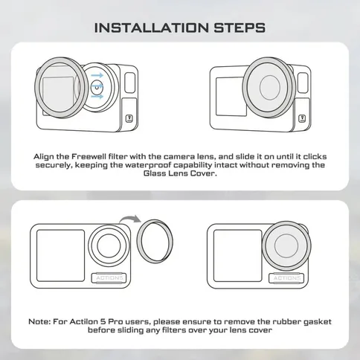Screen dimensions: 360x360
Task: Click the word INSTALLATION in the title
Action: pyautogui.click(x=152, y=28)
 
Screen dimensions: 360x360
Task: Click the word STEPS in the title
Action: pyautogui.click(x=240, y=28)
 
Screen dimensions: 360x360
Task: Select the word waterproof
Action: pyautogui.click(x=147, y=165)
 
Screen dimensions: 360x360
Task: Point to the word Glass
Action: pyautogui.click(x=155, y=173)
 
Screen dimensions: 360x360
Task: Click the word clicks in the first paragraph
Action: pyautogui.click(x=315, y=157)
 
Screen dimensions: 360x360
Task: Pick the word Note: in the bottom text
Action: pyautogui.click(x=39, y=322)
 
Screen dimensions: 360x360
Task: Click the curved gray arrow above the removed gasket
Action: pyautogui.click(x=129, y=218)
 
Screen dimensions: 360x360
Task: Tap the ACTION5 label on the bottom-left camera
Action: pyautogui.click(x=109, y=278)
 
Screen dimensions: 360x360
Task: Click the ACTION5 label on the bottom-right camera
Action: pyautogui.click(x=286, y=278)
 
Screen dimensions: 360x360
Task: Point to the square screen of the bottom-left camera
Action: pyautogui.click(x=60, y=256)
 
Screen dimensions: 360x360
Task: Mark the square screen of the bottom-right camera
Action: pyautogui.click(x=237, y=256)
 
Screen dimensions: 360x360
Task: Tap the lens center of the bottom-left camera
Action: pyautogui.click(x=109, y=245)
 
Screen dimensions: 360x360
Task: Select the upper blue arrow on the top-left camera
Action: pyautogui.click(x=97, y=75)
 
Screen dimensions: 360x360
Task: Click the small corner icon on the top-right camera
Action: pyautogui.click(x=302, y=118)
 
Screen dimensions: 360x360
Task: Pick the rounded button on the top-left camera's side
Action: pyautogui.click(x=130, y=83)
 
